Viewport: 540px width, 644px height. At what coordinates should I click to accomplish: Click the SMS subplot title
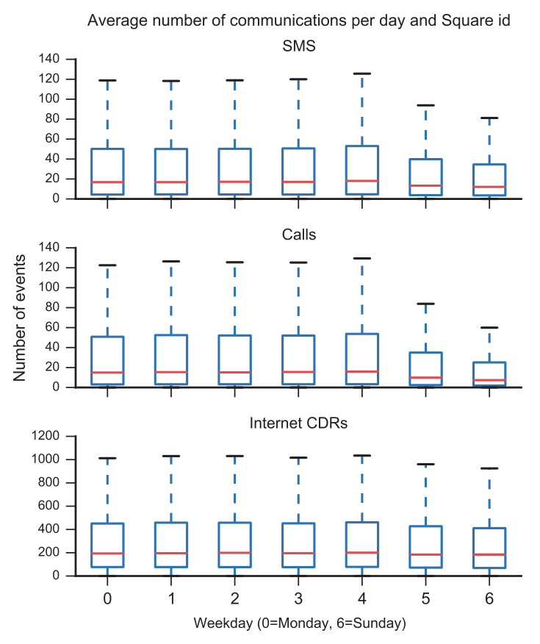pyautogui.click(x=299, y=46)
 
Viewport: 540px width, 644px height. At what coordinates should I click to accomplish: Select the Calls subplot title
pyautogui.click(x=299, y=235)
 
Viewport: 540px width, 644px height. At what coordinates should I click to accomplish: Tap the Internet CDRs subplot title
pyautogui.click(x=298, y=423)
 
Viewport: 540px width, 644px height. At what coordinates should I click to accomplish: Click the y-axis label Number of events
pyautogui.click(x=19, y=318)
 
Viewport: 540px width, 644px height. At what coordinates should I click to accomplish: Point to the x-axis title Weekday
pyautogui.click(x=300, y=623)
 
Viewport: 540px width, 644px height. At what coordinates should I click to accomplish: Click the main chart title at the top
pyautogui.click(x=299, y=20)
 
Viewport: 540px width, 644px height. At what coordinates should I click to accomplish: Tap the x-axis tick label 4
pyautogui.click(x=362, y=598)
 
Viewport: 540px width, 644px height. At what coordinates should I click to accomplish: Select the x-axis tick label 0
pyautogui.click(x=107, y=598)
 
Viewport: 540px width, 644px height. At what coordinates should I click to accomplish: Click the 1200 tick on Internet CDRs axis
pyautogui.click(x=46, y=436)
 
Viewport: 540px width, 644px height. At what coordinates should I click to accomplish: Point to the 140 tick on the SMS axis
pyautogui.click(x=49, y=59)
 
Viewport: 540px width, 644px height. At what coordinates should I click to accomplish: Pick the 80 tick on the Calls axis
pyautogui.click(x=52, y=307)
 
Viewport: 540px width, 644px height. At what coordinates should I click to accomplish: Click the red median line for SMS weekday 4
pyautogui.click(x=362, y=181)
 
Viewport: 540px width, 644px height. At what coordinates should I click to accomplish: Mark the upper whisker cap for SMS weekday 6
pyautogui.click(x=489, y=118)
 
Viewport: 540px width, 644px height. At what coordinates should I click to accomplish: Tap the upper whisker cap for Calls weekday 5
pyautogui.click(x=425, y=304)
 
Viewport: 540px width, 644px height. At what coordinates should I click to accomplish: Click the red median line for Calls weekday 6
pyautogui.click(x=489, y=380)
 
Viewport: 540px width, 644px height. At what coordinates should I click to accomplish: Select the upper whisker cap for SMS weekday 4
pyautogui.click(x=362, y=74)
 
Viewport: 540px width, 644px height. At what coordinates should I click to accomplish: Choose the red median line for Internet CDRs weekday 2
pyautogui.click(x=234, y=553)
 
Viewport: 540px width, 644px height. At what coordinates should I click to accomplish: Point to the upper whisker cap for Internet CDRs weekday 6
pyautogui.click(x=489, y=468)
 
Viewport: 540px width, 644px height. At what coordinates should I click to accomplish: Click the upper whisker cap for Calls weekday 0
pyautogui.click(x=107, y=265)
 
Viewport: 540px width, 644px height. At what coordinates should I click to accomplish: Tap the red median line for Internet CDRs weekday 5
pyautogui.click(x=425, y=555)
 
